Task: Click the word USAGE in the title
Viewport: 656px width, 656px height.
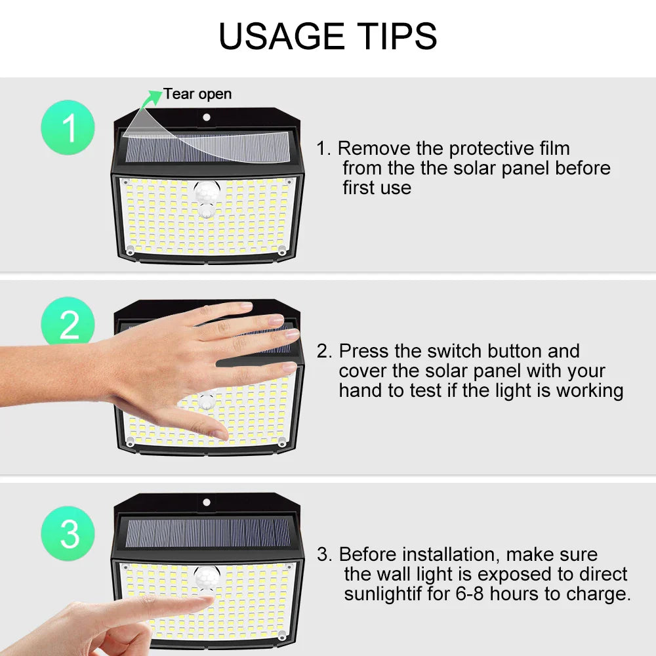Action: click(x=281, y=36)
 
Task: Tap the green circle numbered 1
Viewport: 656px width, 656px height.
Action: click(x=68, y=127)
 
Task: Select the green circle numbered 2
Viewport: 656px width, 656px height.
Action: click(x=68, y=321)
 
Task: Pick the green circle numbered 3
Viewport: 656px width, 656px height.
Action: click(x=68, y=533)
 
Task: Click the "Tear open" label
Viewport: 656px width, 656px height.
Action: click(x=197, y=94)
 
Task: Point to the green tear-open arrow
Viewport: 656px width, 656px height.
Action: click(x=151, y=99)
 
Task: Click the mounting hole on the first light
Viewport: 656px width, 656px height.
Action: click(x=206, y=117)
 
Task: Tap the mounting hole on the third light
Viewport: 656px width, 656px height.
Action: click(x=206, y=502)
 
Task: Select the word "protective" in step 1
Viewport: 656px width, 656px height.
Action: click(x=491, y=149)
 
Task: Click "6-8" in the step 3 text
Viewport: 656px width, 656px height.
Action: click(x=470, y=594)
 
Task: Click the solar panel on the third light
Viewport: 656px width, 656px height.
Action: click(x=207, y=533)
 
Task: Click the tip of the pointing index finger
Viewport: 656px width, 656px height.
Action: click(x=211, y=599)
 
